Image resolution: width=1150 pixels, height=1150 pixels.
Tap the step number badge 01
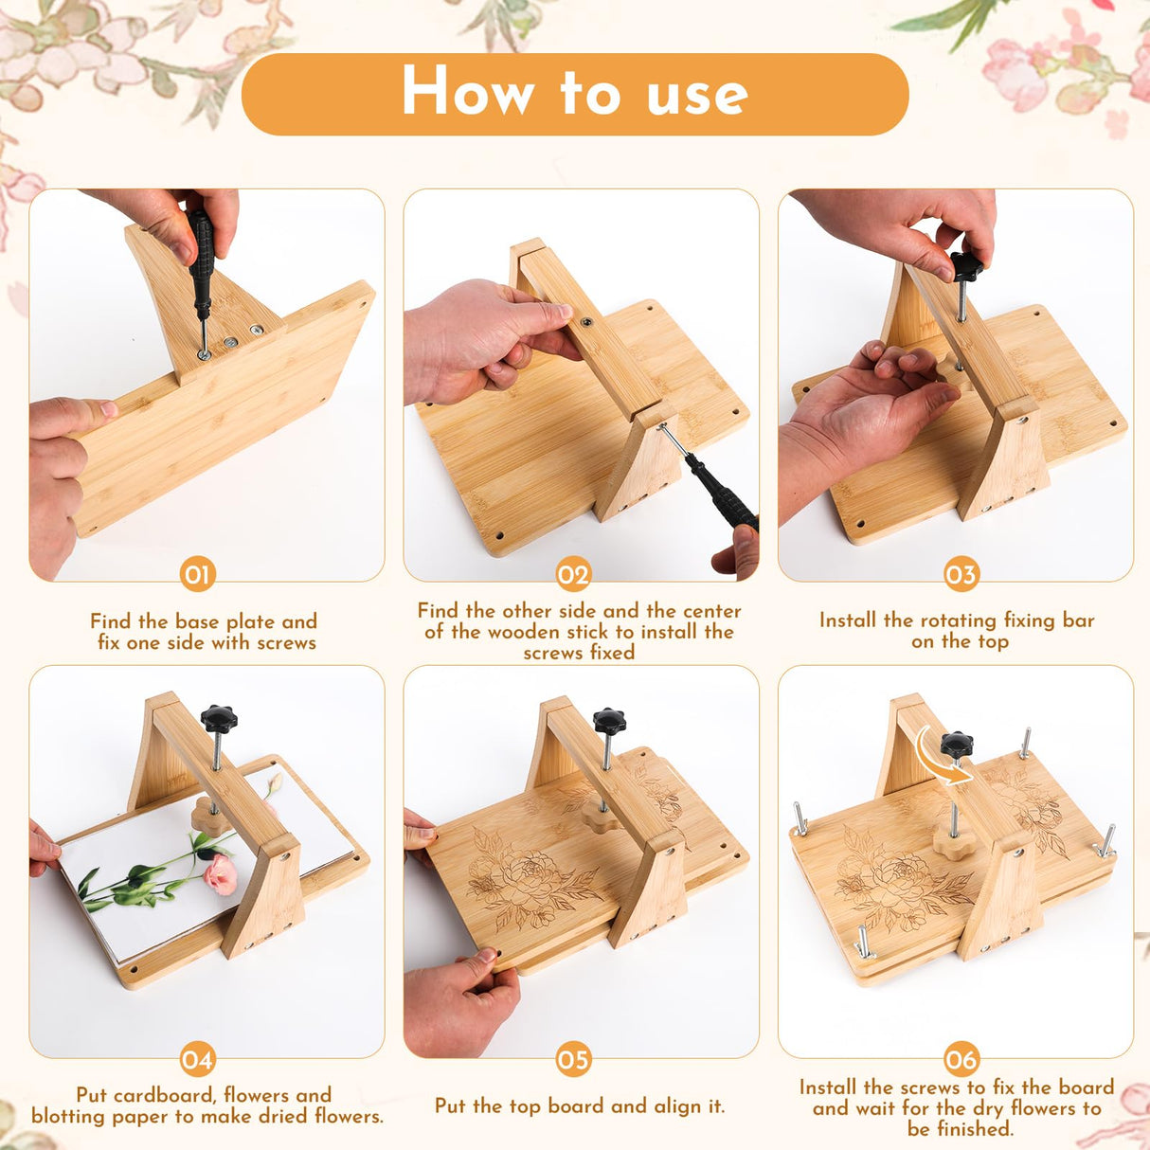pyautogui.click(x=197, y=575)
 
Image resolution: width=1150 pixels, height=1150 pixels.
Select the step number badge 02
pyautogui.click(x=573, y=575)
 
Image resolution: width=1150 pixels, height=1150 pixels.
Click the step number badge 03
pyautogui.click(x=961, y=575)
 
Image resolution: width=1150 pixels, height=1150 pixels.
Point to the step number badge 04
pyautogui.click(x=197, y=1059)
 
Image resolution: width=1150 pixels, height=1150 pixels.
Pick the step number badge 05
pyautogui.click(x=573, y=1059)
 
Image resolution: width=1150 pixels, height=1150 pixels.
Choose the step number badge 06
pyautogui.click(x=961, y=1059)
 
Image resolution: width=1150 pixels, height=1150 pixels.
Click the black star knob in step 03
pyautogui.click(x=966, y=267)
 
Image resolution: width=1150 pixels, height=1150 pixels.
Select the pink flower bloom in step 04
pyautogui.click(x=220, y=873)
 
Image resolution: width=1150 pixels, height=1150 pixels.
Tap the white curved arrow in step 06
pyautogui.click(x=943, y=757)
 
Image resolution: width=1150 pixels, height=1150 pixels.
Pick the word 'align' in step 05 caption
pyautogui.click(x=664, y=1105)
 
